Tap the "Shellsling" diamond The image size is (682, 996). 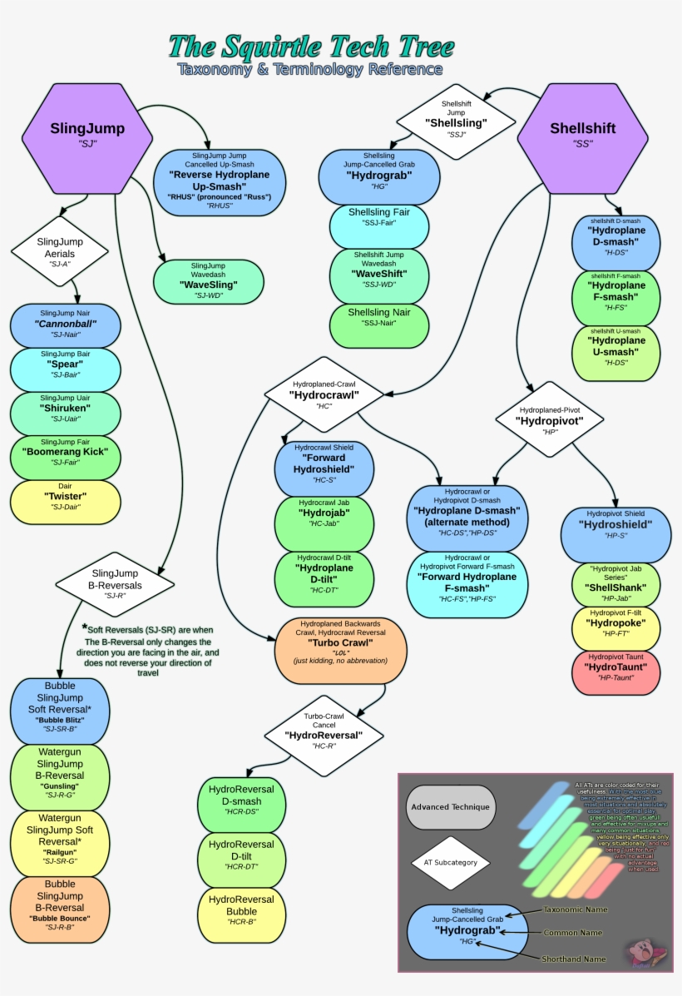click(456, 121)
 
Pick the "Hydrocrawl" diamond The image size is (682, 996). click(324, 395)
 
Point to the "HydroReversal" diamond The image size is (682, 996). click(324, 735)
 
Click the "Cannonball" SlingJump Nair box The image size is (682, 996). click(66, 325)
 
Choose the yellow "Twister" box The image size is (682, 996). click(66, 502)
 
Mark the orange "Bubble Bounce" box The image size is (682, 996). click(60, 906)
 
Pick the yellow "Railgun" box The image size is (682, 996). click(60, 842)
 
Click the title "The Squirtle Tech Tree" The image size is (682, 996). click(311, 47)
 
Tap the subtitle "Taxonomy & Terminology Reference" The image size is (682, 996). click(309, 70)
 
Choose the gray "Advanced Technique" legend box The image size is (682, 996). click(451, 807)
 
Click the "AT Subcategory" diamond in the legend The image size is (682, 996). click(451, 862)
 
